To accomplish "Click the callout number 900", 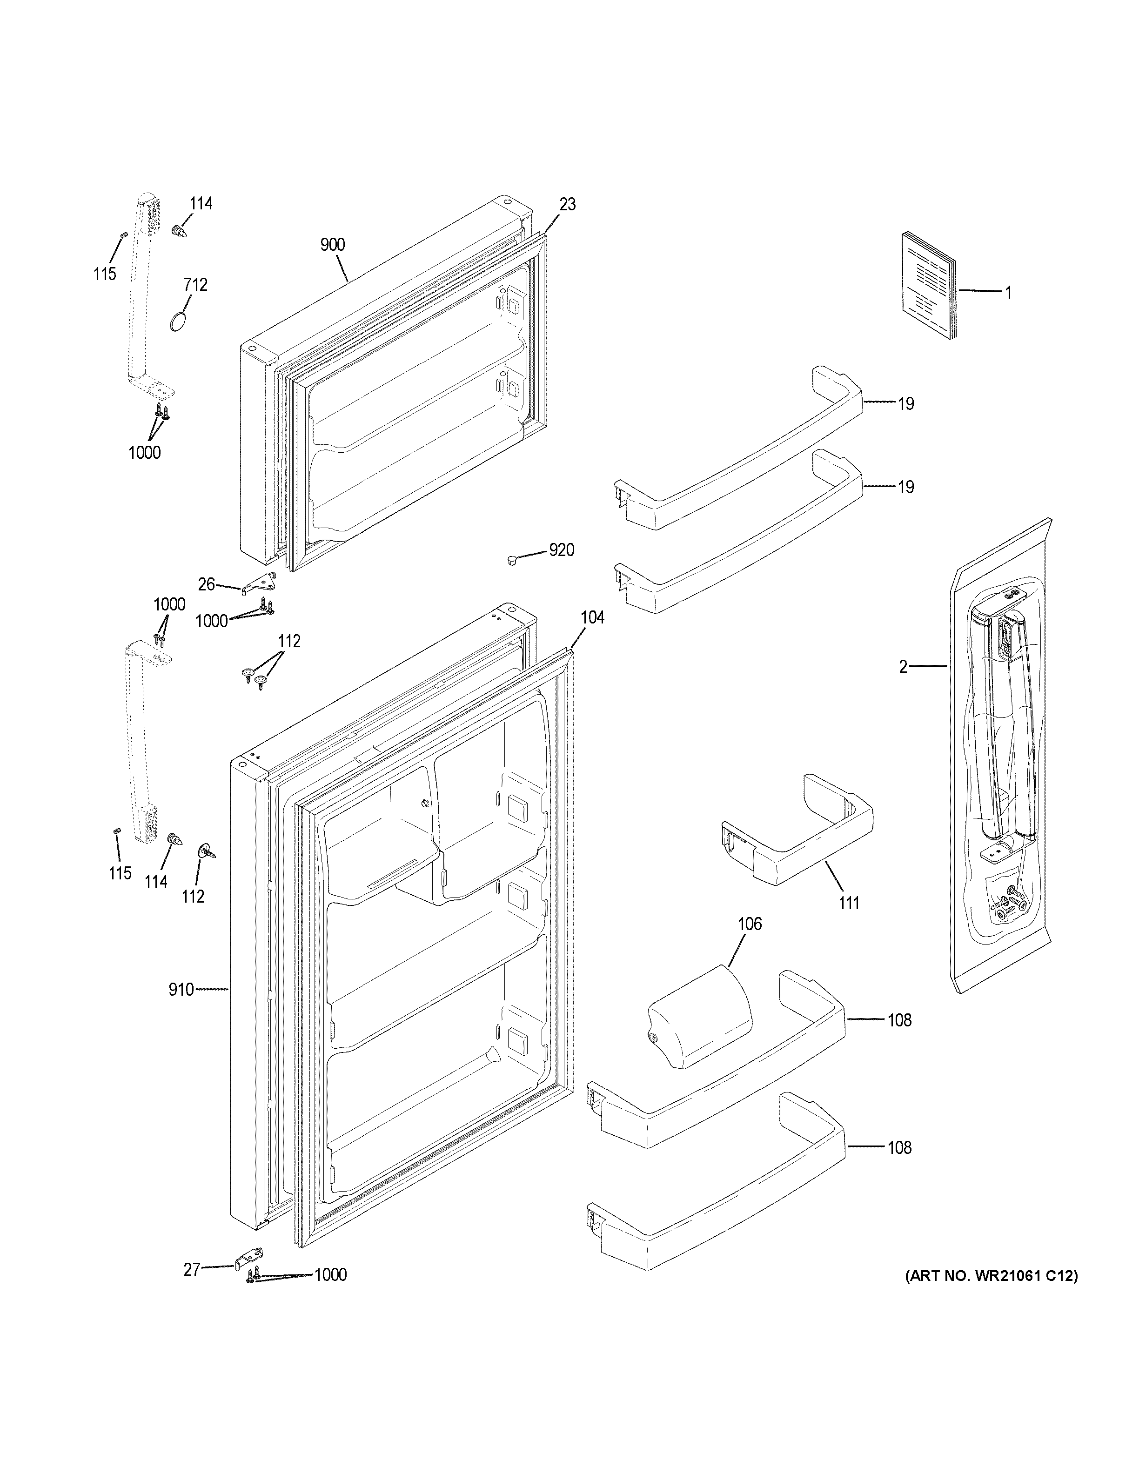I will pyautogui.click(x=333, y=245).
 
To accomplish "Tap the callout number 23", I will pyautogui.click(x=568, y=205).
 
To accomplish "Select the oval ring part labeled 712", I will pyautogui.click(x=179, y=322).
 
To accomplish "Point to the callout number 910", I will pyautogui.click(x=181, y=990).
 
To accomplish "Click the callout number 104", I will pyautogui.click(x=592, y=617).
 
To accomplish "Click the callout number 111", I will pyautogui.click(x=849, y=902).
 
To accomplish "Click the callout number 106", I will pyautogui.click(x=749, y=923).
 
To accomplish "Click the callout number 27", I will pyautogui.click(x=192, y=1269).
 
